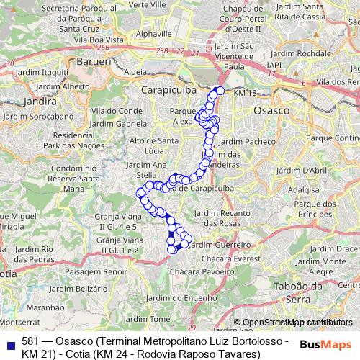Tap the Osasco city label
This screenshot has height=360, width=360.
(271, 112)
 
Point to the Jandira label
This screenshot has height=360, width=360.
(22, 102)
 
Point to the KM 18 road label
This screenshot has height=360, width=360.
(245, 94)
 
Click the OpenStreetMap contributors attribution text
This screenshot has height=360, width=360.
(292, 323)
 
